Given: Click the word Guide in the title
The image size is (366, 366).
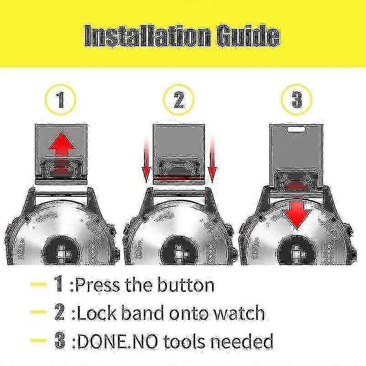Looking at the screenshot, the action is [x=248, y=36].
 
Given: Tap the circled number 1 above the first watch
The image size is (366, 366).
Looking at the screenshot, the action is [x=61, y=100].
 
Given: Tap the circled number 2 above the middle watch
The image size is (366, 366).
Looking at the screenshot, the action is [x=179, y=100].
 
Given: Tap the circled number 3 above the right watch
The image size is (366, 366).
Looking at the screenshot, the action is [x=297, y=100].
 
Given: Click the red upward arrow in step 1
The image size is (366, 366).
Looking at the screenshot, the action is [x=62, y=152].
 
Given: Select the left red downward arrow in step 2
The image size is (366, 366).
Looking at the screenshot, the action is [x=146, y=160].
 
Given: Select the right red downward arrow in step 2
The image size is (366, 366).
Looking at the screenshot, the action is [x=212, y=160].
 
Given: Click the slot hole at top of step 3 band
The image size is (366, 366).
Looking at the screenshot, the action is [x=296, y=129].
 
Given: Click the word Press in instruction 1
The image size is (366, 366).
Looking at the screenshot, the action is [x=97, y=285].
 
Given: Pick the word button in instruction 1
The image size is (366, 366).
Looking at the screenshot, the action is [x=186, y=285].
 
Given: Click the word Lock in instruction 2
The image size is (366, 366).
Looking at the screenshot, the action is [x=97, y=313].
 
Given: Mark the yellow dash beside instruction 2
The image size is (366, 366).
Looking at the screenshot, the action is [x=38, y=312].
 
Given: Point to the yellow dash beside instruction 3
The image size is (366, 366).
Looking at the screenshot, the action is [x=38, y=340].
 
